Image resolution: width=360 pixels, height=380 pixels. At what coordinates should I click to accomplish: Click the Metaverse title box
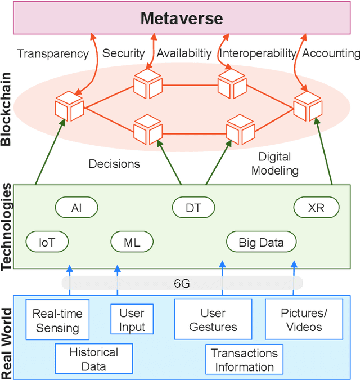[x=182, y=18]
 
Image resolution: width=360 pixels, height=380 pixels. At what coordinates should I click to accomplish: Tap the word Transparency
[x=53, y=53]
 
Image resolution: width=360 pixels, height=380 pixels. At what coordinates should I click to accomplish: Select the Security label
[x=123, y=53]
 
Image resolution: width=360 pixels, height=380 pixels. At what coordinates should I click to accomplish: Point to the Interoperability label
[x=258, y=53]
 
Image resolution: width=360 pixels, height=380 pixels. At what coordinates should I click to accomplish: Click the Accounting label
[x=331, y=53]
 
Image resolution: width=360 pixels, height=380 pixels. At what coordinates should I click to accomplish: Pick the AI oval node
[x=76, y=208]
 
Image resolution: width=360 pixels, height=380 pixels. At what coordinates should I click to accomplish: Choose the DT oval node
[x=193, y=208]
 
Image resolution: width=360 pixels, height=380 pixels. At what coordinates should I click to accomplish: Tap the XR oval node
[x=316, y=208]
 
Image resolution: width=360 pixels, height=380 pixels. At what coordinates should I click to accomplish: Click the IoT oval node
[x=47, y=243]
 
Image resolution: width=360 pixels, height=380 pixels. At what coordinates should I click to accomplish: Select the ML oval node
[x=132, y=243]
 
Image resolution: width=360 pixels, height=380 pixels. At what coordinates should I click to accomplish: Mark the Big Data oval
[x=262, y=243]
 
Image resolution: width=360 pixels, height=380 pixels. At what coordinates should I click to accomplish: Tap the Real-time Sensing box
[x=57, y=321]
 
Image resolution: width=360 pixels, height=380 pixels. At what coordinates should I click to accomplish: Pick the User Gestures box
[x=213, y=320]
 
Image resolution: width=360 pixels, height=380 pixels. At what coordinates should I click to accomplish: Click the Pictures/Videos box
[x=304, y=320]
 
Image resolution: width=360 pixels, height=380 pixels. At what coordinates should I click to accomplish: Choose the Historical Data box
[x=94, y=359]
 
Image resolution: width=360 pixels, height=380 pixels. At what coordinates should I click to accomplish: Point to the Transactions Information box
[x=244, y=360]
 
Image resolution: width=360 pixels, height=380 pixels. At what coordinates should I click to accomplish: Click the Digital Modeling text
[x=274, y=163]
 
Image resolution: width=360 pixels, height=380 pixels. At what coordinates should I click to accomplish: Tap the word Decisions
[x=114, y=164]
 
